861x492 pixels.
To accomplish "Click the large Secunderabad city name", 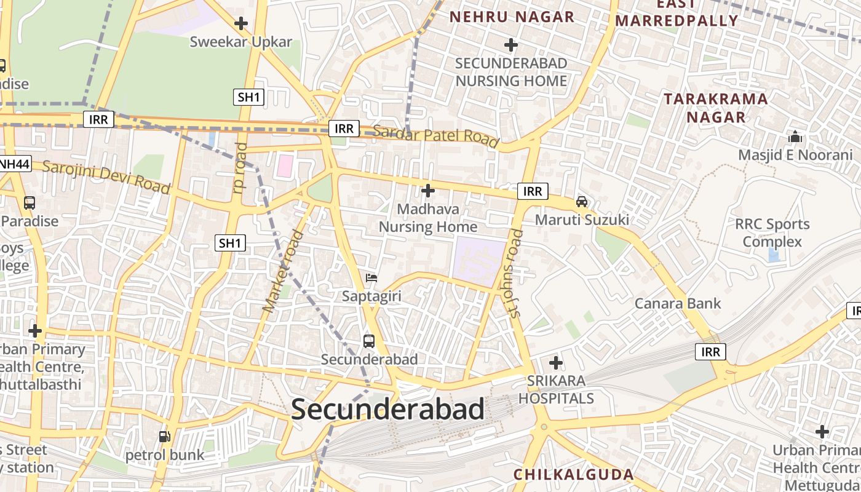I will point(387,410).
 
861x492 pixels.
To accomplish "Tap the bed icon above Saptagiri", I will point(371,278).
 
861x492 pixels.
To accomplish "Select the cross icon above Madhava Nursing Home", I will point(427,191).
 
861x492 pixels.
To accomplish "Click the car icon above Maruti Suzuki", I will point(581,201).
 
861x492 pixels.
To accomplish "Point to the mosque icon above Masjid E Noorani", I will point(795,137).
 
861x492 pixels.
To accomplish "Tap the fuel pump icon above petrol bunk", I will point(164,437).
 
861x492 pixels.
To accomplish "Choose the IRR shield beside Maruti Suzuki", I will point(532,191).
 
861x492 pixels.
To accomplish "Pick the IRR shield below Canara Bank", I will point(710,352).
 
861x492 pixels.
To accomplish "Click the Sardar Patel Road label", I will point(435,135).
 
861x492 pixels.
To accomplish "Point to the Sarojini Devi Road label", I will point(106,177).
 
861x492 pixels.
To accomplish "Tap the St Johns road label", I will point(515,274).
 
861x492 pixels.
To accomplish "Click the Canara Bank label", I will point(677,303).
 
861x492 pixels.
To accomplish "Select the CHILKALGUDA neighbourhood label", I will point(573,474).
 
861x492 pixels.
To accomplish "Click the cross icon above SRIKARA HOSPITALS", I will point(556,363).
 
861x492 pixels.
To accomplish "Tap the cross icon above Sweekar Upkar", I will point(241,24).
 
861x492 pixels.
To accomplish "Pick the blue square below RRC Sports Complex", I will point(774,255).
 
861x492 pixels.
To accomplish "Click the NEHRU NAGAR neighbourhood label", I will point(512,17).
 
